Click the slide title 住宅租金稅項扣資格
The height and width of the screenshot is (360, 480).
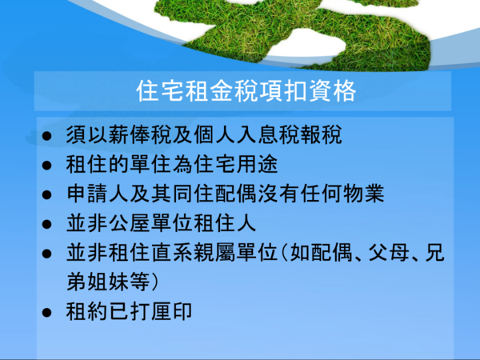(x=246, y=91)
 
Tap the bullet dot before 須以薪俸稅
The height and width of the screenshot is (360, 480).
(x=47, y=136)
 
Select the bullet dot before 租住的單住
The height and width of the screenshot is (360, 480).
(x=47, y=166)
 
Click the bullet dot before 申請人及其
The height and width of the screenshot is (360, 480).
(x=47, y=194)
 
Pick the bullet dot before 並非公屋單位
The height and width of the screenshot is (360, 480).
(x=47, y=224)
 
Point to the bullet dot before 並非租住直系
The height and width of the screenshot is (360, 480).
(x=47, y=254)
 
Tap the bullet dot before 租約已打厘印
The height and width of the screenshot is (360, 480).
(x=47, y=312)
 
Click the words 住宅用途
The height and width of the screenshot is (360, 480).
(x=236, y=164)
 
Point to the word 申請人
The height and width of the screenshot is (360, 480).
(x=98, y=194)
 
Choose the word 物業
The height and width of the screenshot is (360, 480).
(x=363, y=194)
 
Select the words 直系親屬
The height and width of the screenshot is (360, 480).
(x=194, y=252)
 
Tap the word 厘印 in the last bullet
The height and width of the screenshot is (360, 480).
(x=172, y=311)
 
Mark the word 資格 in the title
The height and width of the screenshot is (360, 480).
(x=333, y=91)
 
